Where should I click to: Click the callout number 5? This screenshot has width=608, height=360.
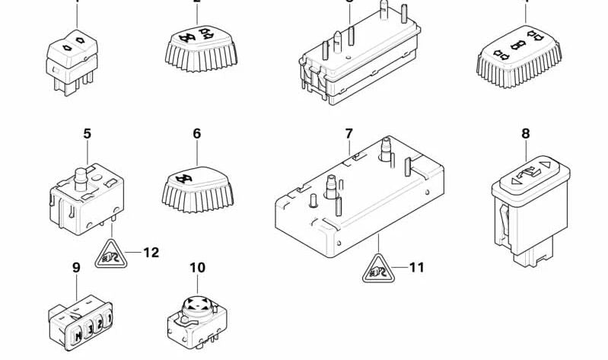pos(87,134)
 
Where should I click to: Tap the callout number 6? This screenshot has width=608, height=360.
pos(196,134)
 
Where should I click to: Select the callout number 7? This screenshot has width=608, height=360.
pos(349,134)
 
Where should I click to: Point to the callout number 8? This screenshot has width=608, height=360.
pos(525,134)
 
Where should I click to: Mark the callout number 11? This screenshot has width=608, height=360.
pos(415,267)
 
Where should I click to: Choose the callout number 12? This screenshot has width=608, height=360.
pos(151,252)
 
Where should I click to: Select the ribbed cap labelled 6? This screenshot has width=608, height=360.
pos(196,183)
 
